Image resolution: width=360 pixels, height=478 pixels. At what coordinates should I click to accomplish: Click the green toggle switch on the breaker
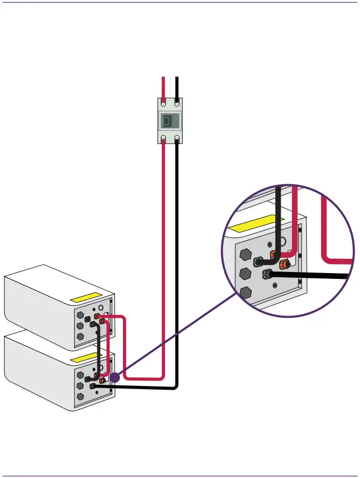pos(167,121)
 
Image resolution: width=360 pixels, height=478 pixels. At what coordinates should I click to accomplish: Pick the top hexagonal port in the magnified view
pos(246,254)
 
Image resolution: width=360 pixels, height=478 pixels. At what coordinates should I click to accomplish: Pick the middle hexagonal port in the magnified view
pos(246,274)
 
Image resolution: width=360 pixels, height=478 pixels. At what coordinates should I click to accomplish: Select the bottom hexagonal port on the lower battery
pos(80,397)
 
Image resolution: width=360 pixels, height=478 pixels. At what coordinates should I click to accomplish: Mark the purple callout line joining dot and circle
pos(176,336)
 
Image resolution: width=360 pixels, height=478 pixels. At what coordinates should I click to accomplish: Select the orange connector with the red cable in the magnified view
pos(275,254)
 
